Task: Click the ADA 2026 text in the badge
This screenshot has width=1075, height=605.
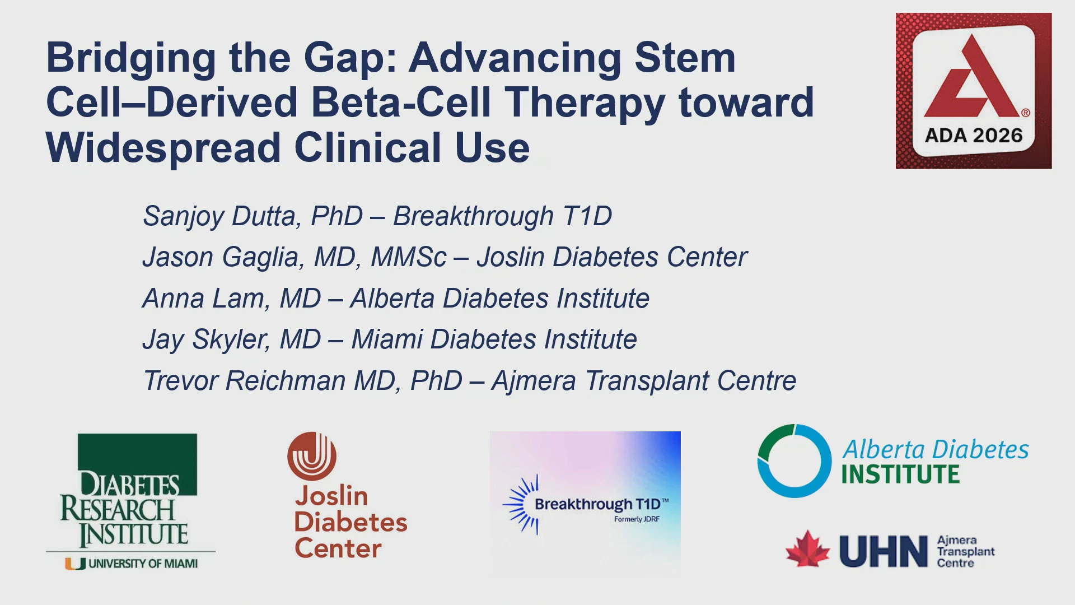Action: click(974, 136)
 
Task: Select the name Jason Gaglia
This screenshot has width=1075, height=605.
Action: click(223, 258)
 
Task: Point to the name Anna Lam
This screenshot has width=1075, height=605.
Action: click(204, 299)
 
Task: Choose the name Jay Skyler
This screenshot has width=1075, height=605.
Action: click(204, 340)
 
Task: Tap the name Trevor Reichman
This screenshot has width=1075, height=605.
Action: click(245, 381)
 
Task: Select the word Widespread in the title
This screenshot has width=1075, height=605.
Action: click(163, 148)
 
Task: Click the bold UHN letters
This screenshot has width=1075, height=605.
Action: click(884, 551)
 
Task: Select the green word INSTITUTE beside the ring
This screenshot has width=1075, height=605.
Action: click(900, 474)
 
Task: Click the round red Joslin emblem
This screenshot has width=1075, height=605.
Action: click(312, 456)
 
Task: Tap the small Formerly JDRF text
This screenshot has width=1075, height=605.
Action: click(637, 519)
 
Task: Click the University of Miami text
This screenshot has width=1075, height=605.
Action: click(143, 564)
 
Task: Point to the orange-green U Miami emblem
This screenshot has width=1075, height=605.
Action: click(76, 564)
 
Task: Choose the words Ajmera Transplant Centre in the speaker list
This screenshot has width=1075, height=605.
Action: click(644, 381)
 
